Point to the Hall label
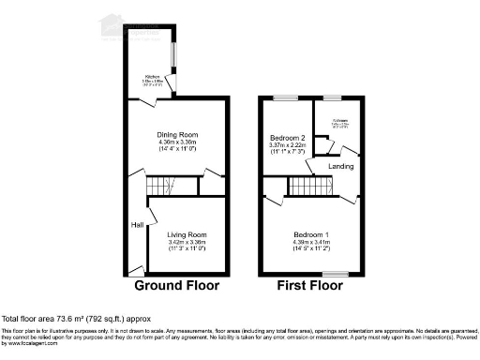(137, 225)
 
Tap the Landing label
(340, 167)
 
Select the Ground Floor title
(177, 285)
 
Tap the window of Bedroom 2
(284, 97)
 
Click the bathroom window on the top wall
(331, 97)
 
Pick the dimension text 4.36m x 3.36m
(177, 142)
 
